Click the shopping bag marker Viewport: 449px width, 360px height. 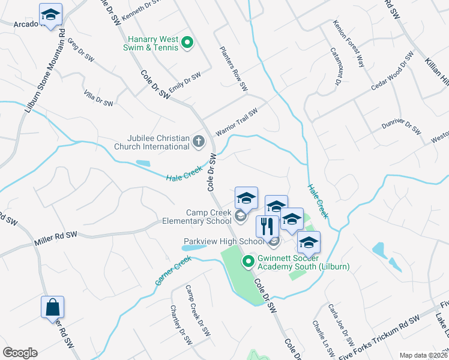tap(52, 308)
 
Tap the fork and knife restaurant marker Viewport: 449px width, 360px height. tap(267, 226)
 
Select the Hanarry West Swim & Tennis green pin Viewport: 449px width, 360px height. tap(187, 42)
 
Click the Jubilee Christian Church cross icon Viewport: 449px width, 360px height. tap(199, 142)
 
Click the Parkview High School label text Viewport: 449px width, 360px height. tap(223, 242)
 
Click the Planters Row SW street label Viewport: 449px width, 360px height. tap(234, 69)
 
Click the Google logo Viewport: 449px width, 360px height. tap(20, 353)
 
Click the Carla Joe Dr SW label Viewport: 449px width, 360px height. tap(335, 318)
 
